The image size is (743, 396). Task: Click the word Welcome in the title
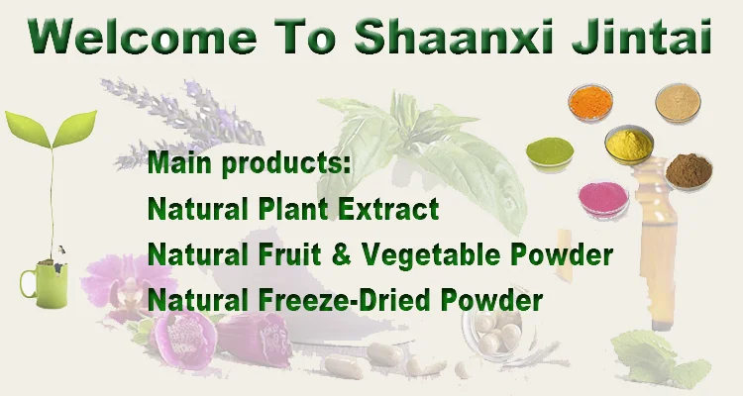142,37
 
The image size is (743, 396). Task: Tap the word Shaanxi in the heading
454,36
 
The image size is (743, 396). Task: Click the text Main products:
250,163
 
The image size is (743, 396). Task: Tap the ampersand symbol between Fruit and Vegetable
342,254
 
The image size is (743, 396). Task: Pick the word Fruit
289,254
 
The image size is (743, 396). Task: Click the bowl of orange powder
590,102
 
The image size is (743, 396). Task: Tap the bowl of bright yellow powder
629,144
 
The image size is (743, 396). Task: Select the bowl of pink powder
603,199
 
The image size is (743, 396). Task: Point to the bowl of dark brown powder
689,170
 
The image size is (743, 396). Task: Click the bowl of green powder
550,151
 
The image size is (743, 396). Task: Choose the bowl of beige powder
678,103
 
